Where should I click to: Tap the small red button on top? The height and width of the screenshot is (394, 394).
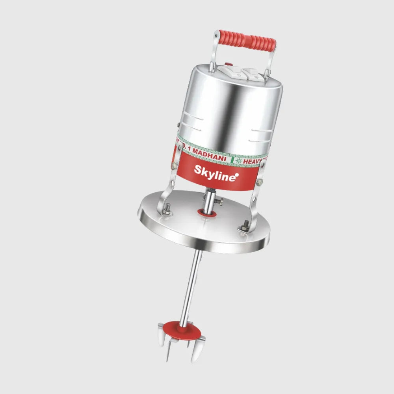click(227, 64)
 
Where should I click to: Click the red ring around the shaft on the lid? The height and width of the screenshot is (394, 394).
click(207, 213)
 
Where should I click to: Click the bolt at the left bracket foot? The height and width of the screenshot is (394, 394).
click(167, 208)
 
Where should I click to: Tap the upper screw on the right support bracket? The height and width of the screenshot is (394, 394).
click(260, 183)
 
